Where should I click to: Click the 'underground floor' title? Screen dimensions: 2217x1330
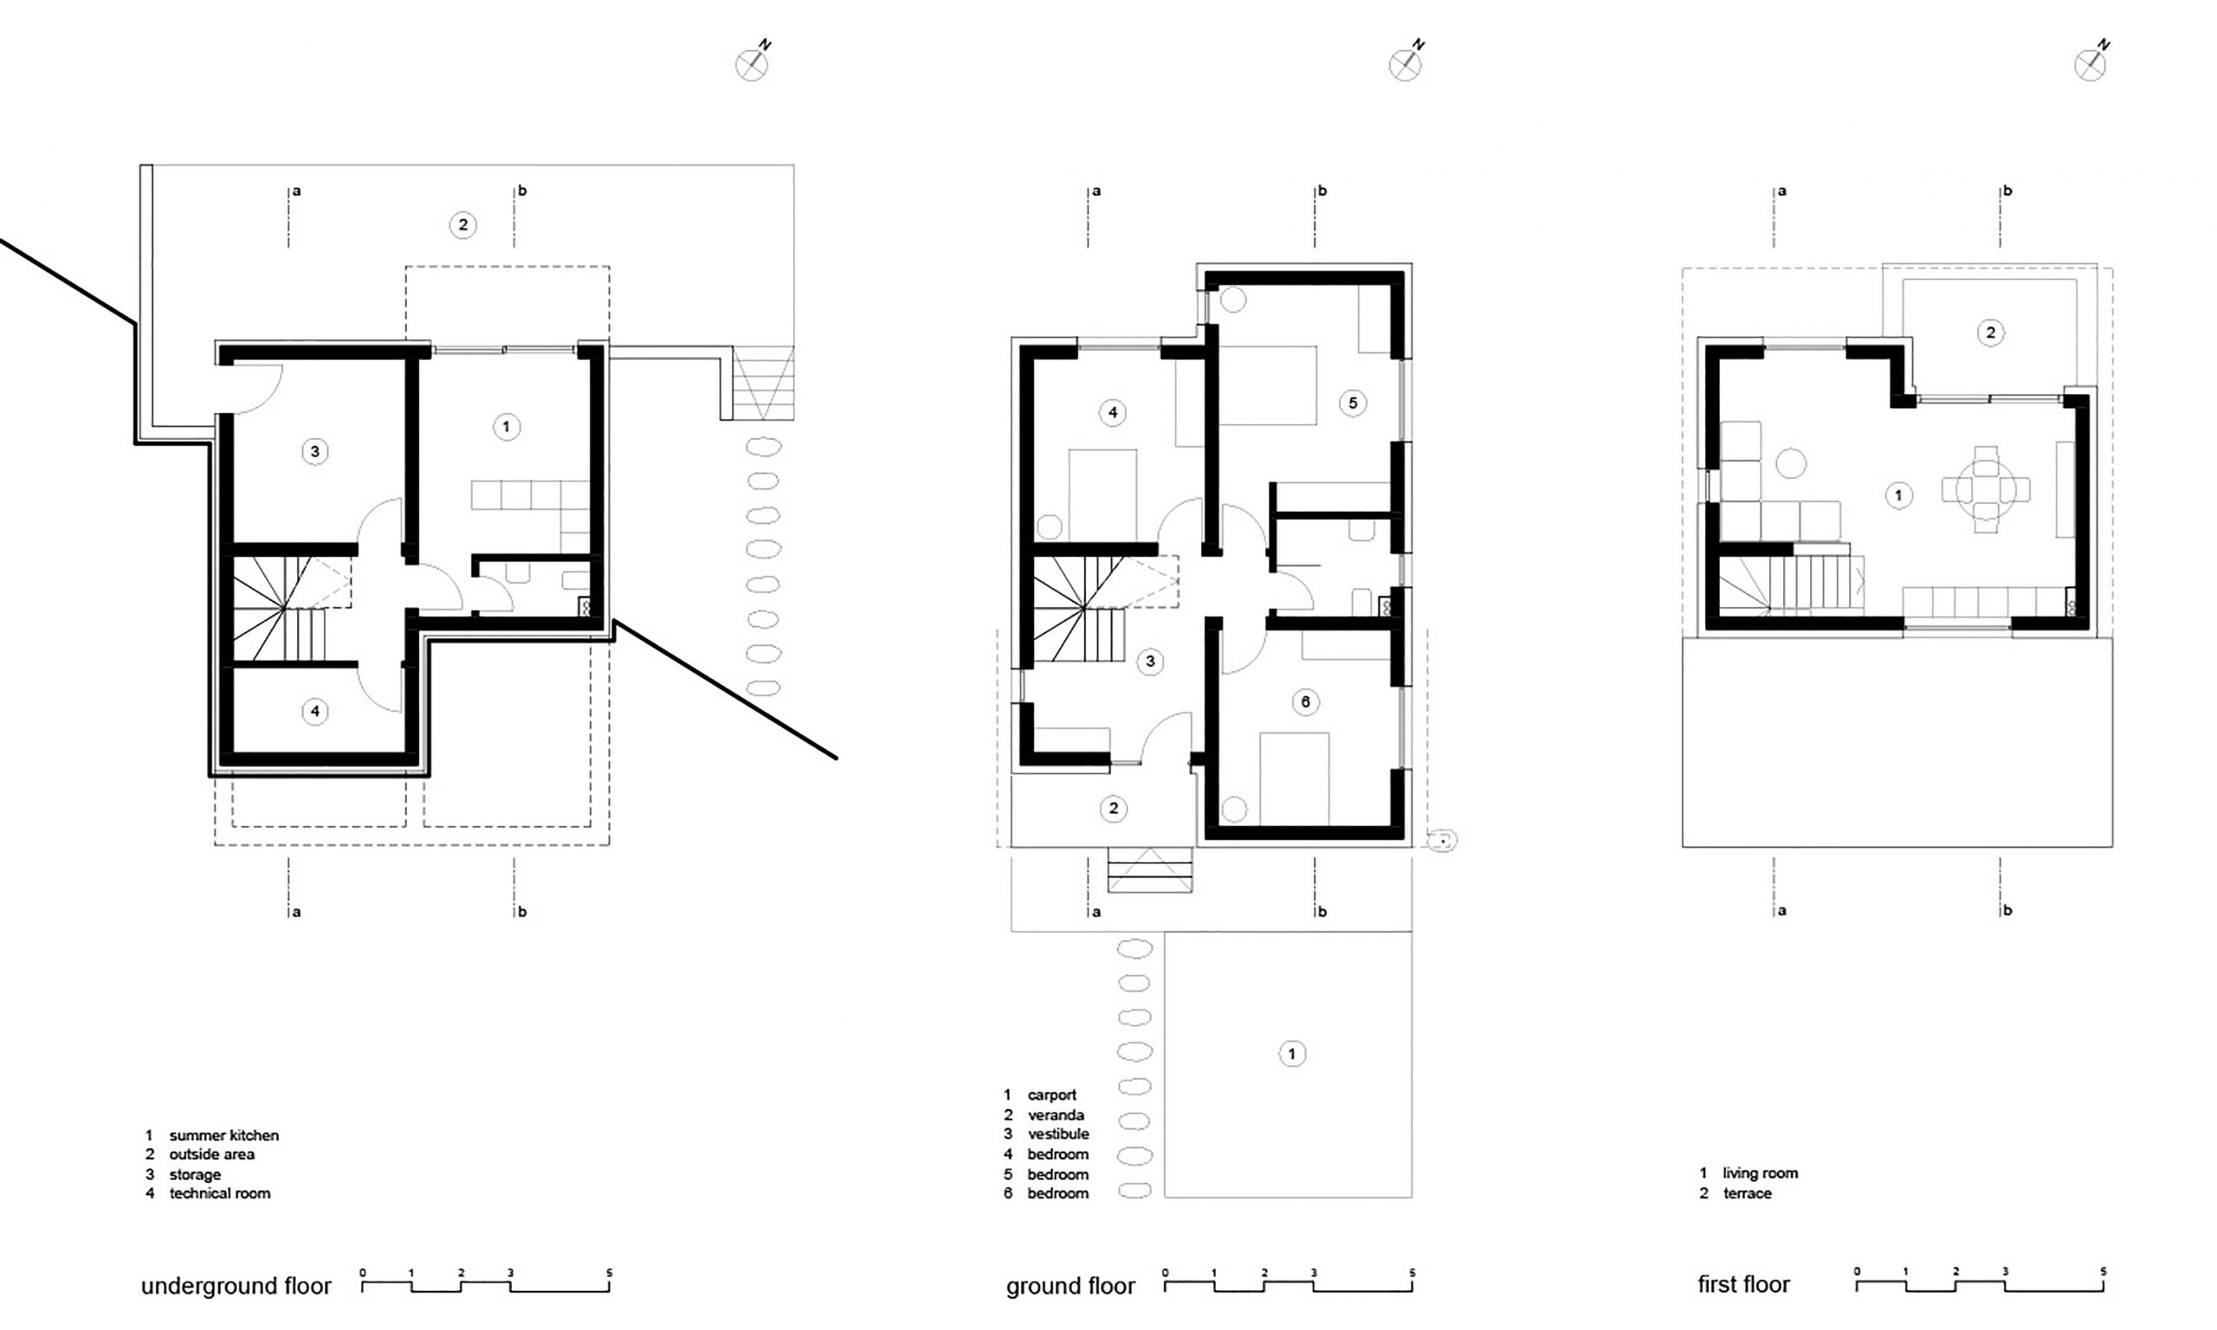236,1286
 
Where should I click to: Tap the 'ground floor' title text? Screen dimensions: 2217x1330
1070,1286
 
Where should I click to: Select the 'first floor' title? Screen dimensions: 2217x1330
1743,1284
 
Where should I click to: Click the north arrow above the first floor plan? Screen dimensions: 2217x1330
2091,61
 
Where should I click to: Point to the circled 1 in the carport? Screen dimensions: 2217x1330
1291,1054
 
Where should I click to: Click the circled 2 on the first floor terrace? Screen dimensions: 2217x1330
1990,333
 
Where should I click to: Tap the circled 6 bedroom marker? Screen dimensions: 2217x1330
1305,701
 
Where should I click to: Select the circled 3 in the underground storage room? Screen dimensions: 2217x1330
314,452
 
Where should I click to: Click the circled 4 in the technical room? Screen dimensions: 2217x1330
314,712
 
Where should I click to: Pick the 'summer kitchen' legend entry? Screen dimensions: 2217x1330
224,1135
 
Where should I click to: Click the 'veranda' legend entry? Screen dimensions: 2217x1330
1056,1115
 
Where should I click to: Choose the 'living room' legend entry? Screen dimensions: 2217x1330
1760,1173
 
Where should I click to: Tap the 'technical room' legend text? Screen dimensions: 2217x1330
220,1194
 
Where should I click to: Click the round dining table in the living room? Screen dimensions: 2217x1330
1986,489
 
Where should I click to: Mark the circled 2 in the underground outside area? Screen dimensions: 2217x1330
462,225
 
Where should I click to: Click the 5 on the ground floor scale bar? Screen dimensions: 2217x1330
1412,1273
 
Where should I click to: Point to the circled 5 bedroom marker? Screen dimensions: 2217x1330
1352,404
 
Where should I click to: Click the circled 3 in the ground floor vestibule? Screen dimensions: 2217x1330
1151,662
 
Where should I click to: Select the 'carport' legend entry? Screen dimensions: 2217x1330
1052,1095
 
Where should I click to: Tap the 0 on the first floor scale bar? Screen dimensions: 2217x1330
1857,1272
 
